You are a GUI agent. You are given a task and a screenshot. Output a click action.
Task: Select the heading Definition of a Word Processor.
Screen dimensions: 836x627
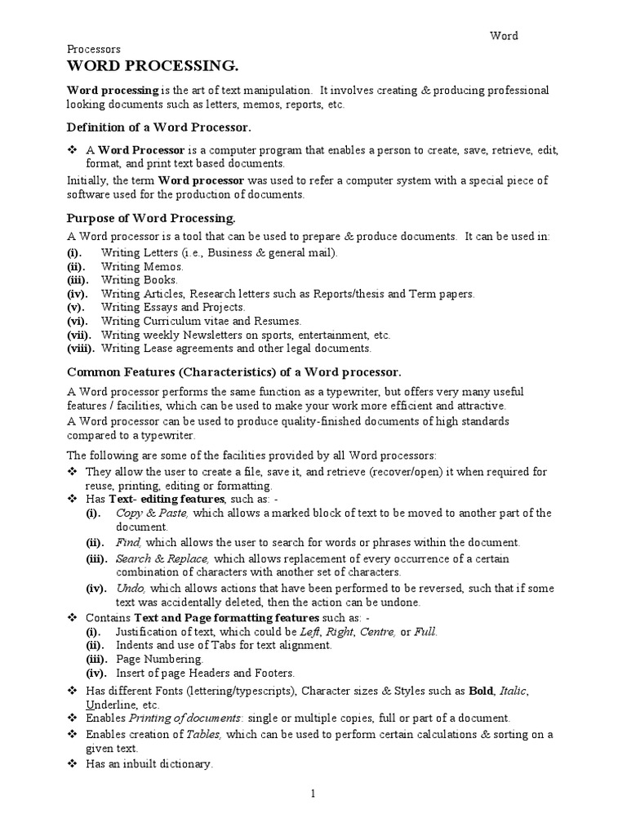pyautogui.click(x=158, y=128)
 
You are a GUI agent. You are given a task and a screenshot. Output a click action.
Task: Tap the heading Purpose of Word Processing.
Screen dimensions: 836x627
pyautogui.click(x=151, y=218)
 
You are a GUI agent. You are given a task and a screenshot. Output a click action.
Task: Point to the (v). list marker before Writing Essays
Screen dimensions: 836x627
pyautogui.click(x=75, y=307)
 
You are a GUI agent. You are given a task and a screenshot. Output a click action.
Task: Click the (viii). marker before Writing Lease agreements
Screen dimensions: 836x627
pyautogui.click(x=81, y=349)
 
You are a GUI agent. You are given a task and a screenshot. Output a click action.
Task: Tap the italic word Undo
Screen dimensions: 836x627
pyautogui.click(x=131, y=588)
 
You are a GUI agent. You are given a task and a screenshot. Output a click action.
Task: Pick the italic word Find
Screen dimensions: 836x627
pyautogui.click(x=129, y=542)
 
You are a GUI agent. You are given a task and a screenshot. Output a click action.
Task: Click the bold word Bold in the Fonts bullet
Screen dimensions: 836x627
pyautogui.click(x=482, y=691)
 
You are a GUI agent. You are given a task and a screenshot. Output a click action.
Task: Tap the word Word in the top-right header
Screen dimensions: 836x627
pyautogui.click(x=505, y=36)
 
